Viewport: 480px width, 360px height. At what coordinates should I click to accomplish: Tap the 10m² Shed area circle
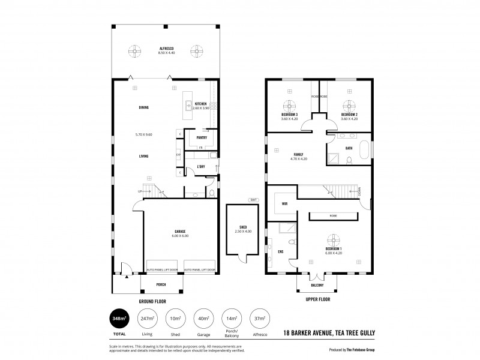click(x=175, y=318)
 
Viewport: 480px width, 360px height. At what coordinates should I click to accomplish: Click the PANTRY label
click(x=202, y=137)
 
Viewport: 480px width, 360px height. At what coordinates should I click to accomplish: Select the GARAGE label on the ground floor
click(x=180, y=231)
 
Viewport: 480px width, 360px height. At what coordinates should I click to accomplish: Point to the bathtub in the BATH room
click(x=364, y=149)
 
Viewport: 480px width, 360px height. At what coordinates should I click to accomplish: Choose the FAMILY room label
click(x=298, y=154)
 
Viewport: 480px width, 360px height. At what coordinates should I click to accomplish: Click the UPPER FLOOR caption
click(x=317, y=299)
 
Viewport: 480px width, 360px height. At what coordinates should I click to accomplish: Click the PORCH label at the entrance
click(x=161, y=284)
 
